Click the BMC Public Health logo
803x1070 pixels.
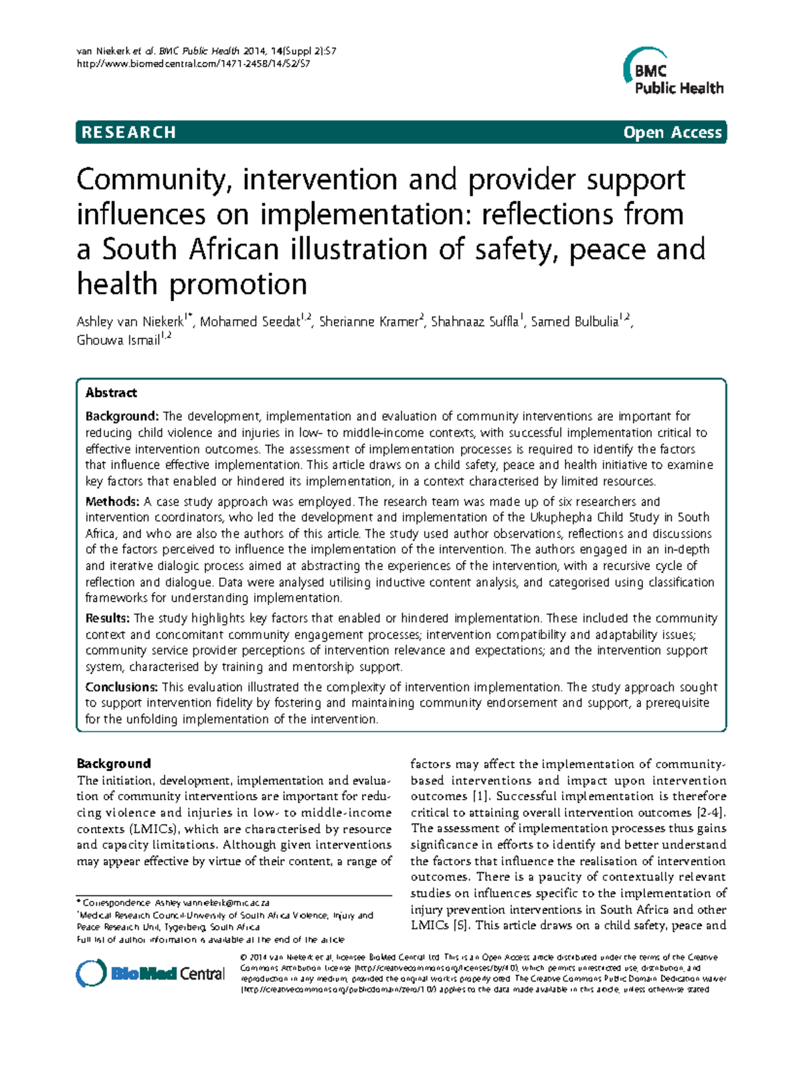pos(673,74)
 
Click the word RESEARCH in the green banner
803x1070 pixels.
pos(128,132)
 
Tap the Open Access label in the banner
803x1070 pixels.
pos(672,132)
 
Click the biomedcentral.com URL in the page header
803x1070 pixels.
pos(193,64)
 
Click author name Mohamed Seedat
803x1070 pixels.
pos(250,322)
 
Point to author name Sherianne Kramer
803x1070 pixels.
pos(369,322)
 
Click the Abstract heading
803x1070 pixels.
pos(111,393)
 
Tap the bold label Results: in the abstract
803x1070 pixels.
pos(107,618)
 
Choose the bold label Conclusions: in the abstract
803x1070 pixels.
pos(121,687)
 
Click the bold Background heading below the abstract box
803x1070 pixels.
pos(113,764)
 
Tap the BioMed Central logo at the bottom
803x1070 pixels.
pos(151,974)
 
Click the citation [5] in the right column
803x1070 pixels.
pos(460,925)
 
